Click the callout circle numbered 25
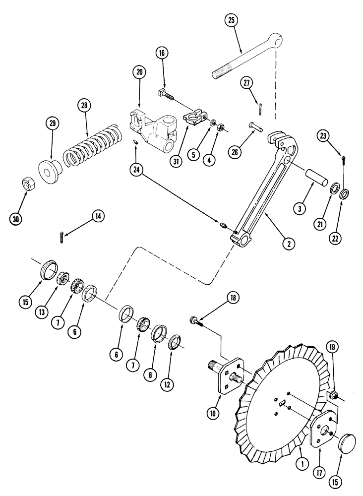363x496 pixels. point(231,21)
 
